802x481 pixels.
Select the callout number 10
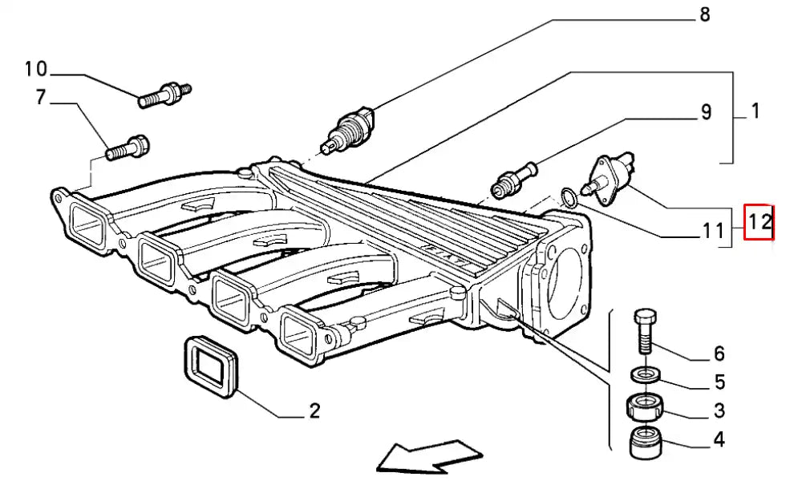click(36, 69)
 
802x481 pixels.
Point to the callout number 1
click(755, 111)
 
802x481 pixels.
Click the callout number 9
click(706, 112)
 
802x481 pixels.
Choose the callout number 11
click(713, 232)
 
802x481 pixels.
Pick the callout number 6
click(719, 353)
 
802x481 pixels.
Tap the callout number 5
click(719, 382)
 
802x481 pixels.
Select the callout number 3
click(719, 410)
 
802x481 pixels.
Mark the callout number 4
click(719, 439)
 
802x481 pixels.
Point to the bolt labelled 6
click(646, 329)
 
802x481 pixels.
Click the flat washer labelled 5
click(646, 374)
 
